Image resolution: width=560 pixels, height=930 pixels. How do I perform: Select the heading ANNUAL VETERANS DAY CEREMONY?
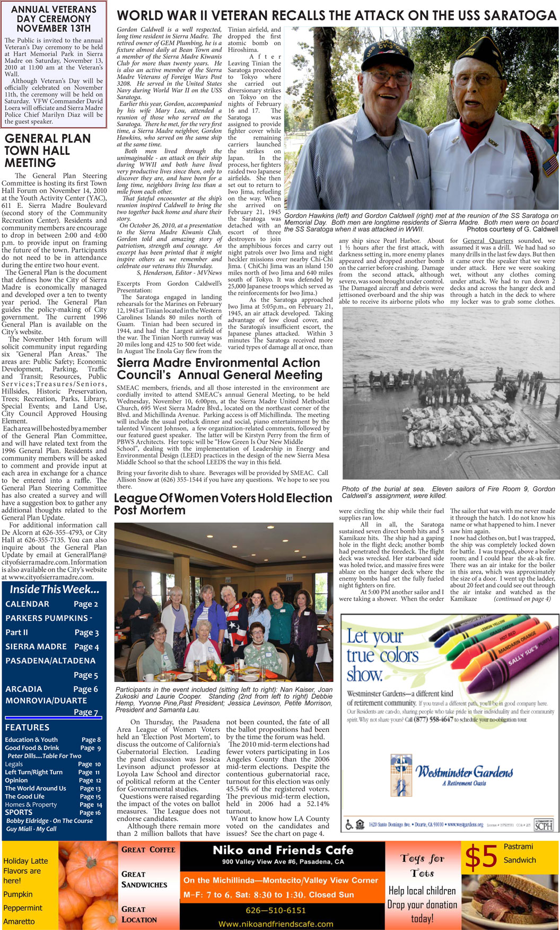54,19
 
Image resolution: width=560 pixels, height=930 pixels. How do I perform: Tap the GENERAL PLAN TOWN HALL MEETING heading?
47,151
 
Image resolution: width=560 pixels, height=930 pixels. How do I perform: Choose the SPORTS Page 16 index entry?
52,812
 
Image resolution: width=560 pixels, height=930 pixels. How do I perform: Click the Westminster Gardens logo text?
464,771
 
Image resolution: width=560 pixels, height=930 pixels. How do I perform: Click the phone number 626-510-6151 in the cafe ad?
275,910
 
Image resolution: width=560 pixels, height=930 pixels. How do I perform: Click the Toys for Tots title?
422,865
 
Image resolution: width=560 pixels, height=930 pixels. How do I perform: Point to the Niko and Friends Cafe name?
283,850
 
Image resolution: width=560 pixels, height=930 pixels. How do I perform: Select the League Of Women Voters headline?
223,504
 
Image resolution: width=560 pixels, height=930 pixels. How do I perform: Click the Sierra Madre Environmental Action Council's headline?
220,369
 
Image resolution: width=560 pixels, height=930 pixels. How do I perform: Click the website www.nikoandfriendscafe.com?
276,924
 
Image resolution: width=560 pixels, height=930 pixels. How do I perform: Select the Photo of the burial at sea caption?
448,492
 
